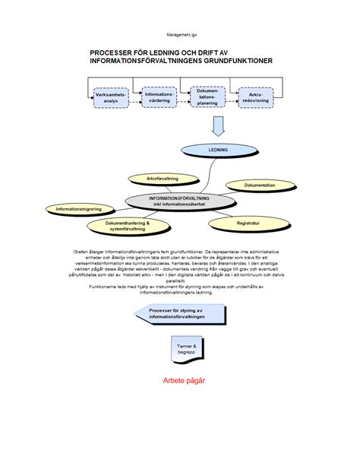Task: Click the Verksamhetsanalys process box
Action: point(111,97)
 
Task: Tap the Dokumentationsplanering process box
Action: point(207,97)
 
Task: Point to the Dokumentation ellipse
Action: point(259,185)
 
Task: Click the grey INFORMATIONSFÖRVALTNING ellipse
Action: point(179,201)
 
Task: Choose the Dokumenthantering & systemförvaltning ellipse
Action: point(127,226)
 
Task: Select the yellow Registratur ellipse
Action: point(248,223)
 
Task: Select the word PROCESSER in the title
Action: point(113,52)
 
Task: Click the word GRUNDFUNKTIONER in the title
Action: point(236,61)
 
